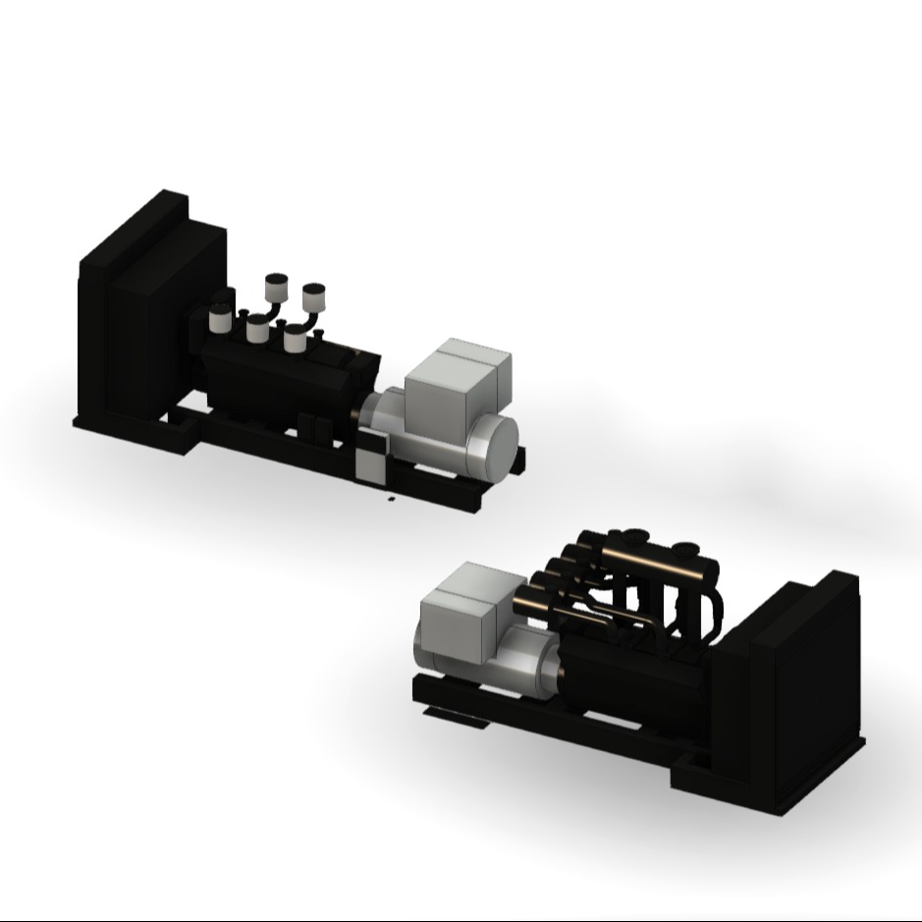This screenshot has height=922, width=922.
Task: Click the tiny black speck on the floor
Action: click(x=390, y=500)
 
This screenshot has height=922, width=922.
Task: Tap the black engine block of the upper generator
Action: click(x=285, y=383)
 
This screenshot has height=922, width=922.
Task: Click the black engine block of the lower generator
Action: click(x=638, y=678)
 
